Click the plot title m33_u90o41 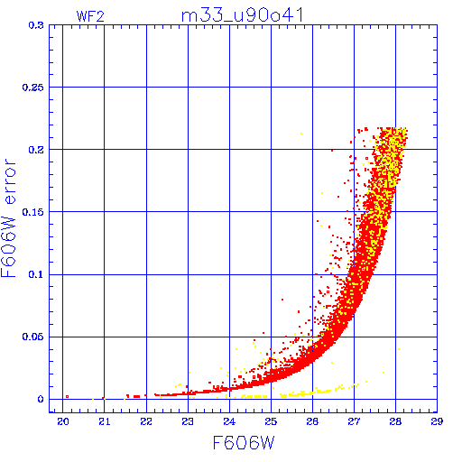click(x=243, y=15)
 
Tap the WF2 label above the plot click(x=90, y=16)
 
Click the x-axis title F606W click(x=244, y=443)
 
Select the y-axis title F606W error click(x=8, y=218)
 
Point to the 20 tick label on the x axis click(x=63, y=421)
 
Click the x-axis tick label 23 click(x=188, y=421)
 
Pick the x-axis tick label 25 click(x=271, y=421)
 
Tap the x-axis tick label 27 click(x=354, y=421)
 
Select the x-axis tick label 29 click(x=437, y=421)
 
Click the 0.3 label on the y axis click(x=36, y=25)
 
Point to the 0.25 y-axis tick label click(x=33, y=88)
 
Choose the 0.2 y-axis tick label click(x=36, y=150)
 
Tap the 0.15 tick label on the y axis click(x=33, y=212)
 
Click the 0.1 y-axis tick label click(x=36, y=274)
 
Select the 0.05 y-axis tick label click(x=33, y=337)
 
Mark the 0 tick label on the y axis click(x=41, y=399)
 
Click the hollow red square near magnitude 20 click(x=67, y=396)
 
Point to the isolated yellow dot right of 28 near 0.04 click(x=399, y=349)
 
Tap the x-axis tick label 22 click(x=146, y=421)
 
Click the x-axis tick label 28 click(x=395, y=421)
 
